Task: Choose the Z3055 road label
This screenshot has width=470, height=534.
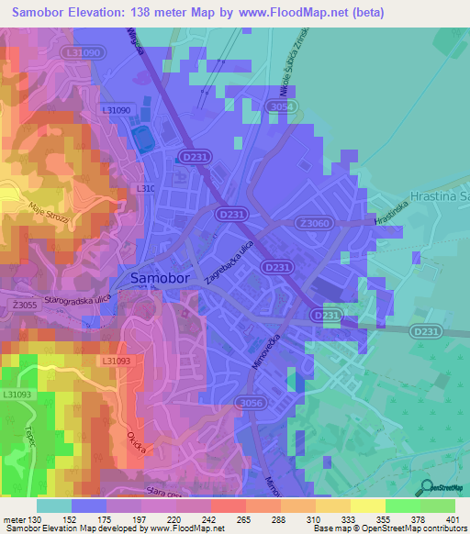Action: point(26,305)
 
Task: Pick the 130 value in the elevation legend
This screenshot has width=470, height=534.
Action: point(36,520)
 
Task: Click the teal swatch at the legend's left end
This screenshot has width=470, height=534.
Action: point(53,506)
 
